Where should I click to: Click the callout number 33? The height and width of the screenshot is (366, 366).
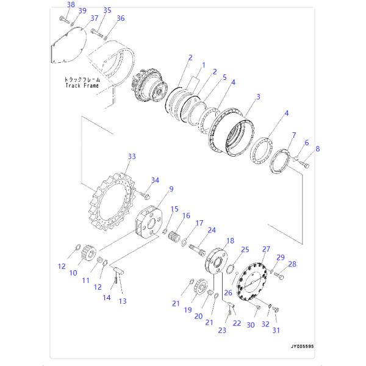click(x=132, y=157)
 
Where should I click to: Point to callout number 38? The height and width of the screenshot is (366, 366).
click(x=71, y=5)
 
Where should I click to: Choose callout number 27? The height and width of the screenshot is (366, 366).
click(x=266, y=249)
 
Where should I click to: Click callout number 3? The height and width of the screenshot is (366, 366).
click(x=258, y=97)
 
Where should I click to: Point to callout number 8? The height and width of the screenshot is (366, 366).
click(x=317, y=148)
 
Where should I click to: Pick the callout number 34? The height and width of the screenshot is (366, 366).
click(x=155, y=180)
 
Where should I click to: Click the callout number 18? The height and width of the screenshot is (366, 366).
click(x=230, y=241)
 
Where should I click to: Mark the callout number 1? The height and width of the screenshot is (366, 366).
click(x=204, y=65)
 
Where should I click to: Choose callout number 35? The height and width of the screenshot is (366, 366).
click(x=107, y=10)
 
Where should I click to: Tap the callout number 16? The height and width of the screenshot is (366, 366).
click(x=187, y=215)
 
